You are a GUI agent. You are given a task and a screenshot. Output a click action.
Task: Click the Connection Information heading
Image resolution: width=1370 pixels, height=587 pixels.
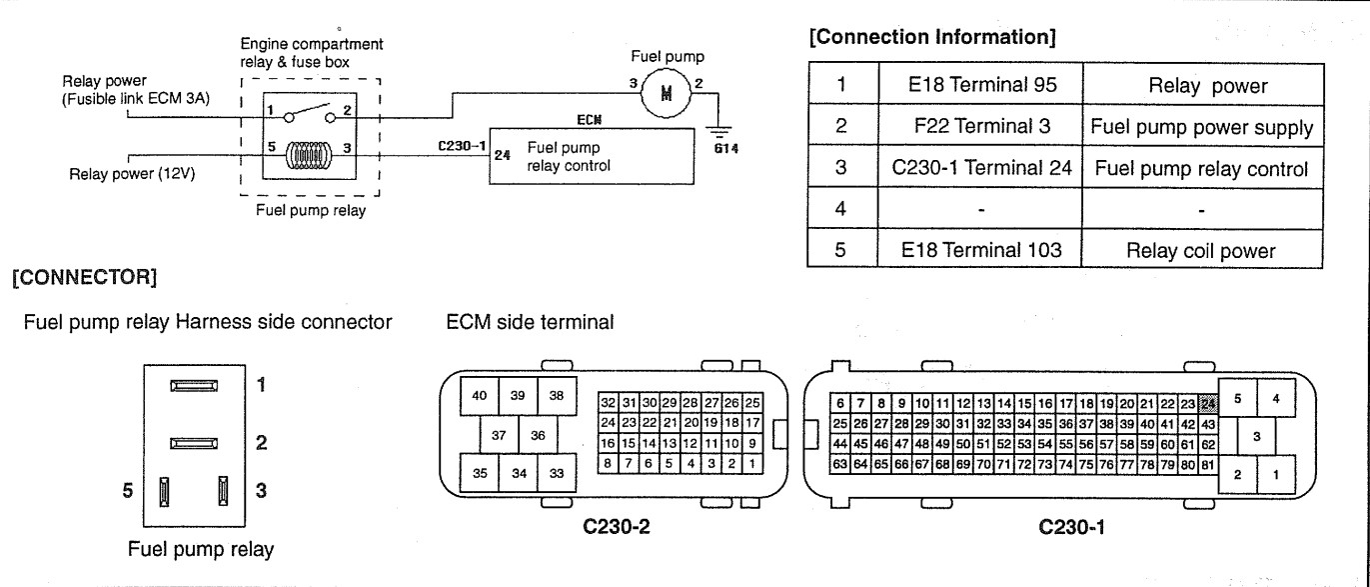click(938, 39)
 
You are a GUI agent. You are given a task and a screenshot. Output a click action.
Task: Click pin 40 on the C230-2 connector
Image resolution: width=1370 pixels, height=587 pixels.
click(479, 395)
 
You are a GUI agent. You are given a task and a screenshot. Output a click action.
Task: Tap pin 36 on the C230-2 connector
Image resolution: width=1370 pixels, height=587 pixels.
click(537, 434)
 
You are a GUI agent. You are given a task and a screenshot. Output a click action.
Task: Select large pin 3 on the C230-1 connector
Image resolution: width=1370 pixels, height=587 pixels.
click(1257, 436)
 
